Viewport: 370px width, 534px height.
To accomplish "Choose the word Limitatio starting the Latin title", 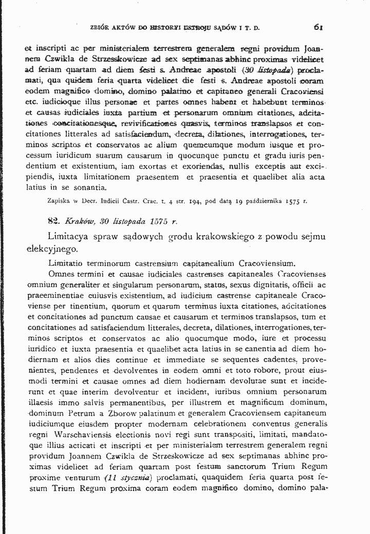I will (x=65, y=263).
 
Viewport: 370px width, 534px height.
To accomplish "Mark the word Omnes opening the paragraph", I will (x=62, y=273).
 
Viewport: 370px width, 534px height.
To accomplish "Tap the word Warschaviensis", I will (x=70, y=434).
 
